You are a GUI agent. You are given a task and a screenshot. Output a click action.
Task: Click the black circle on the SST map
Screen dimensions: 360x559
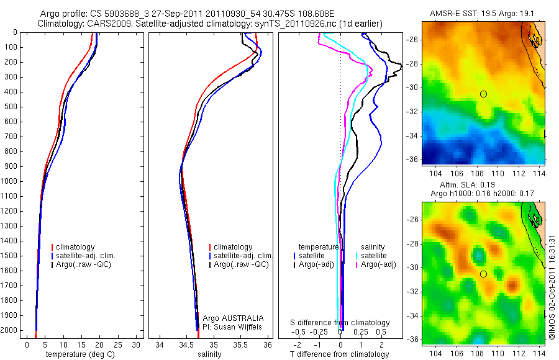click(x=483, y=94)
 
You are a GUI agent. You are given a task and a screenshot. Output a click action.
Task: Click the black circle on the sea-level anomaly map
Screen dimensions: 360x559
click(x=483, y=274)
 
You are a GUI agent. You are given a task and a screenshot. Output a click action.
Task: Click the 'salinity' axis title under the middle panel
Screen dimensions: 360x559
click(x=210, y=354)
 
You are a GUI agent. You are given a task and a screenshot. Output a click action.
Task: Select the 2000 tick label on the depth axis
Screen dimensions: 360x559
click(x=9, y=330)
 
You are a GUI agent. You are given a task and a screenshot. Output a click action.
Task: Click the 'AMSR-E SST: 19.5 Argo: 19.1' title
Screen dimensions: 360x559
click(x=483, y=14)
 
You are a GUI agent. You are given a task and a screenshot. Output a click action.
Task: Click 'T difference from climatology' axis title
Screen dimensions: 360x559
click(x=340, y=354)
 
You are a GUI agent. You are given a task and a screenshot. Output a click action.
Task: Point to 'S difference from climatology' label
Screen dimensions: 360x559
click(x=340, y=323)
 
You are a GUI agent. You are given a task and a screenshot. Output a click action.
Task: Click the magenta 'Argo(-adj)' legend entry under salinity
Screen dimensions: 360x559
click(x=378, y=265)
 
